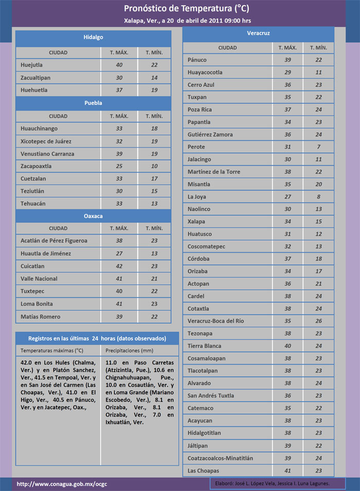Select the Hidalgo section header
point(93,38)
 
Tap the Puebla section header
point(93,103)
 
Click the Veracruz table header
point(259,33)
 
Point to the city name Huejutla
point(32,65)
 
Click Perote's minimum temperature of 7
point(319,147)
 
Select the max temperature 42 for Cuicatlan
point(119,266)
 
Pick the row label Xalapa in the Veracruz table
point(196,221)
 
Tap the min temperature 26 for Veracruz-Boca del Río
point(319,321)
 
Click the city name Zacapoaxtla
point(36,166)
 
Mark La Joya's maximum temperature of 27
point(288,196)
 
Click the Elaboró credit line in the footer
point(270,484)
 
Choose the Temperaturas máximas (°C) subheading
point(52,350)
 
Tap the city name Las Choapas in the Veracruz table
point(204,470)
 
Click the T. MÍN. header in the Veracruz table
point(319,48)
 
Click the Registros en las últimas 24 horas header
point(97,338)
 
